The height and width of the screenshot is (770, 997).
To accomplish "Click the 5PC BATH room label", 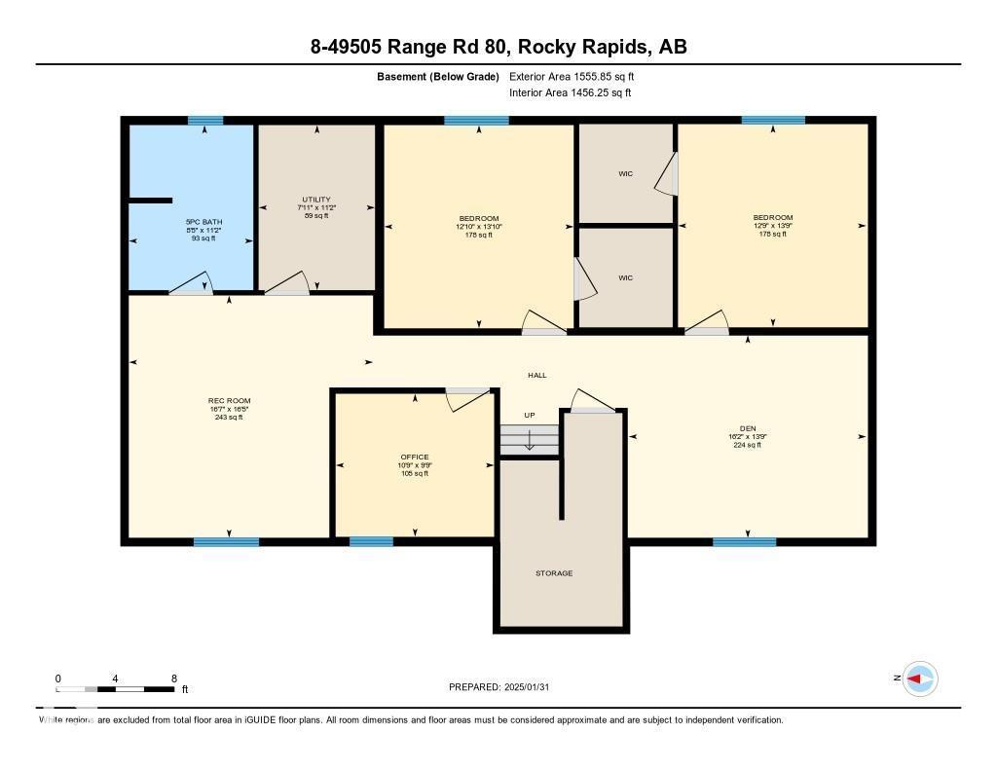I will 204,222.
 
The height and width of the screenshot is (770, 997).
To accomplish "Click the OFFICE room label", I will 415,458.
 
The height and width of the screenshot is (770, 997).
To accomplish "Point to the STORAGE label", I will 554,573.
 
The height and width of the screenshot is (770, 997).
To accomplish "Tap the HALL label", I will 537,375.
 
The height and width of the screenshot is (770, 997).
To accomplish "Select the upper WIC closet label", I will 625,174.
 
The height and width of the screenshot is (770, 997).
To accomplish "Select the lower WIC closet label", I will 625,278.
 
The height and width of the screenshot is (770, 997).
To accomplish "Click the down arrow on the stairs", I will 530,440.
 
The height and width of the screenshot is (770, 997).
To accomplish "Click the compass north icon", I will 920,678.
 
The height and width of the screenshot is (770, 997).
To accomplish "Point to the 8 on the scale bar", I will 173,678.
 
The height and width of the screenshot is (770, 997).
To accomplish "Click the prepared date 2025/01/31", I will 535,687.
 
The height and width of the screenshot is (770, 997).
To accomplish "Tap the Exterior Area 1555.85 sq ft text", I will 572,76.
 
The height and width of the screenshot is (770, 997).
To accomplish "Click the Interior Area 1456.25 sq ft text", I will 571,93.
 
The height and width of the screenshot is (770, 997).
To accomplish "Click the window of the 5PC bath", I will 205,121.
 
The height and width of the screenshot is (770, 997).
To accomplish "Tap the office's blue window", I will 371,541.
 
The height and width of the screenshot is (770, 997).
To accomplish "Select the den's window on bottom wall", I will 744,541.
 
